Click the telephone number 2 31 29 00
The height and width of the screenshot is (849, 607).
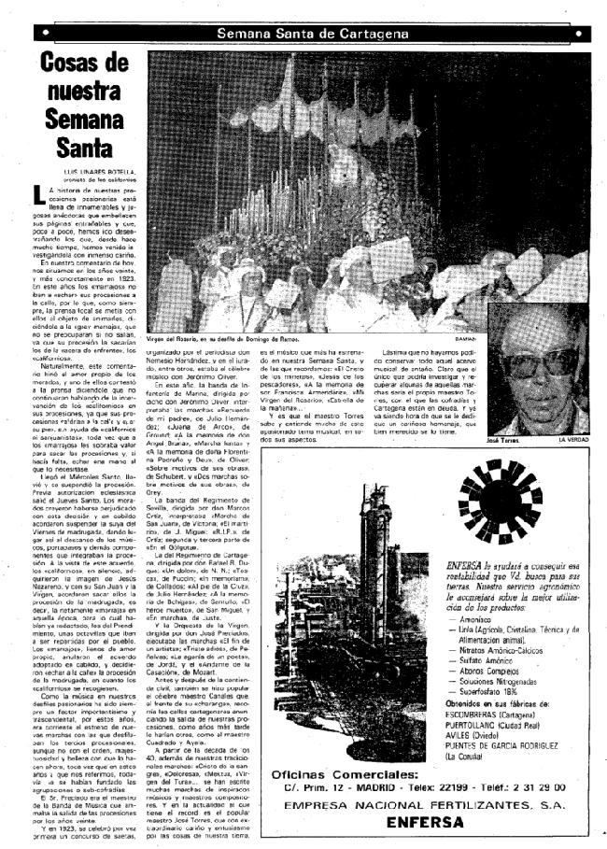(x=543, y=786)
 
